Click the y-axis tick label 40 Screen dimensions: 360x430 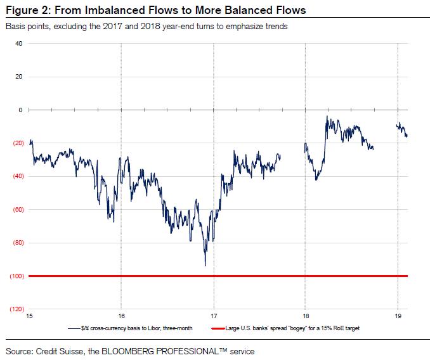point(18,44)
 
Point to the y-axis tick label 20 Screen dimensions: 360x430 point(18,77)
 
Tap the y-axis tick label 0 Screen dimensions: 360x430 point(20,110)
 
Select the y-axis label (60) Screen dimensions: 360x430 point(16,209)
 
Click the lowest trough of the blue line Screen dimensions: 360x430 point(205,265)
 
